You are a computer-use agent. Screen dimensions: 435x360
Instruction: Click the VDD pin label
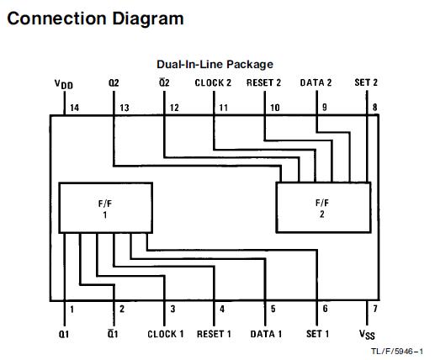[x=64, y=84]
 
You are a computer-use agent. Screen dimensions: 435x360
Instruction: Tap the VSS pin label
[x=367, y=335]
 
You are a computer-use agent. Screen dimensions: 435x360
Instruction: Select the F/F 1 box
[x=106, y=208]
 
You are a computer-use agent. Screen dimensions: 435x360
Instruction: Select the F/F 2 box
[x=323, y=207]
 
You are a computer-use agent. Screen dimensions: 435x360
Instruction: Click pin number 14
[x=75, y=108]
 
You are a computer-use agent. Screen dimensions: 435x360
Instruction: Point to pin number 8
[x=374, y=108]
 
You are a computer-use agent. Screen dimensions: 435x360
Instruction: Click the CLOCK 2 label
[x=213, y=83]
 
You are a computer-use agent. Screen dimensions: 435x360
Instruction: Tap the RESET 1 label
[x=214, y=334]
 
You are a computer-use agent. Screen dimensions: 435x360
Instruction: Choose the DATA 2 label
[x=316, y=82]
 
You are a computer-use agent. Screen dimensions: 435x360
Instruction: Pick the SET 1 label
[x=317, y=334]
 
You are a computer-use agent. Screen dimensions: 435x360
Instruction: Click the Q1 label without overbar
[x=64, y=334]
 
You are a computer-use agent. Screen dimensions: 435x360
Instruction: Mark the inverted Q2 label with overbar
[x=164, y=82]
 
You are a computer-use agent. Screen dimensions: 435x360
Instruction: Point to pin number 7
[x=375, y=309]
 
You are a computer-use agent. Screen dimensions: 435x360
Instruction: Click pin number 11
[x=224, y=108]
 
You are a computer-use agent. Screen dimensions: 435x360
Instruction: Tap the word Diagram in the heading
[x=148, y=19]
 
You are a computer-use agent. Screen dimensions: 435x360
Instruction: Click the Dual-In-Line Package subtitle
[x=215, y=65]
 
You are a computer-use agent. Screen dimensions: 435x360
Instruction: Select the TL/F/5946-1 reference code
[x=397, y=351]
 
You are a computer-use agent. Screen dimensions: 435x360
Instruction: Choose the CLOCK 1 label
[x=166, y=334]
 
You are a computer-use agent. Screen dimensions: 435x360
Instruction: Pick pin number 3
[x=172, y=309]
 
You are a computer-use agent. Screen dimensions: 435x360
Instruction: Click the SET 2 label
[x=366, y=82]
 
